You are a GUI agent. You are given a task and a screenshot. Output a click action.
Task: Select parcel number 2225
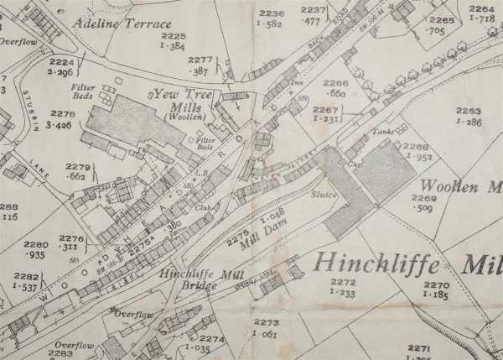[174, 37]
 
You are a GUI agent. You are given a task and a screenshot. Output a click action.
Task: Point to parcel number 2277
[200, 60]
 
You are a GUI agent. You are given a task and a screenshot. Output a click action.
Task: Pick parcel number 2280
[35, 245]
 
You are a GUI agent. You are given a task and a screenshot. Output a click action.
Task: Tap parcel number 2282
[26, 275]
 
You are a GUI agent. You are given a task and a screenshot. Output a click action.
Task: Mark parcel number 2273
[266, 322]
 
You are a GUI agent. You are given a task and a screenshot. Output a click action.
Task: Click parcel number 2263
[469, 111]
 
